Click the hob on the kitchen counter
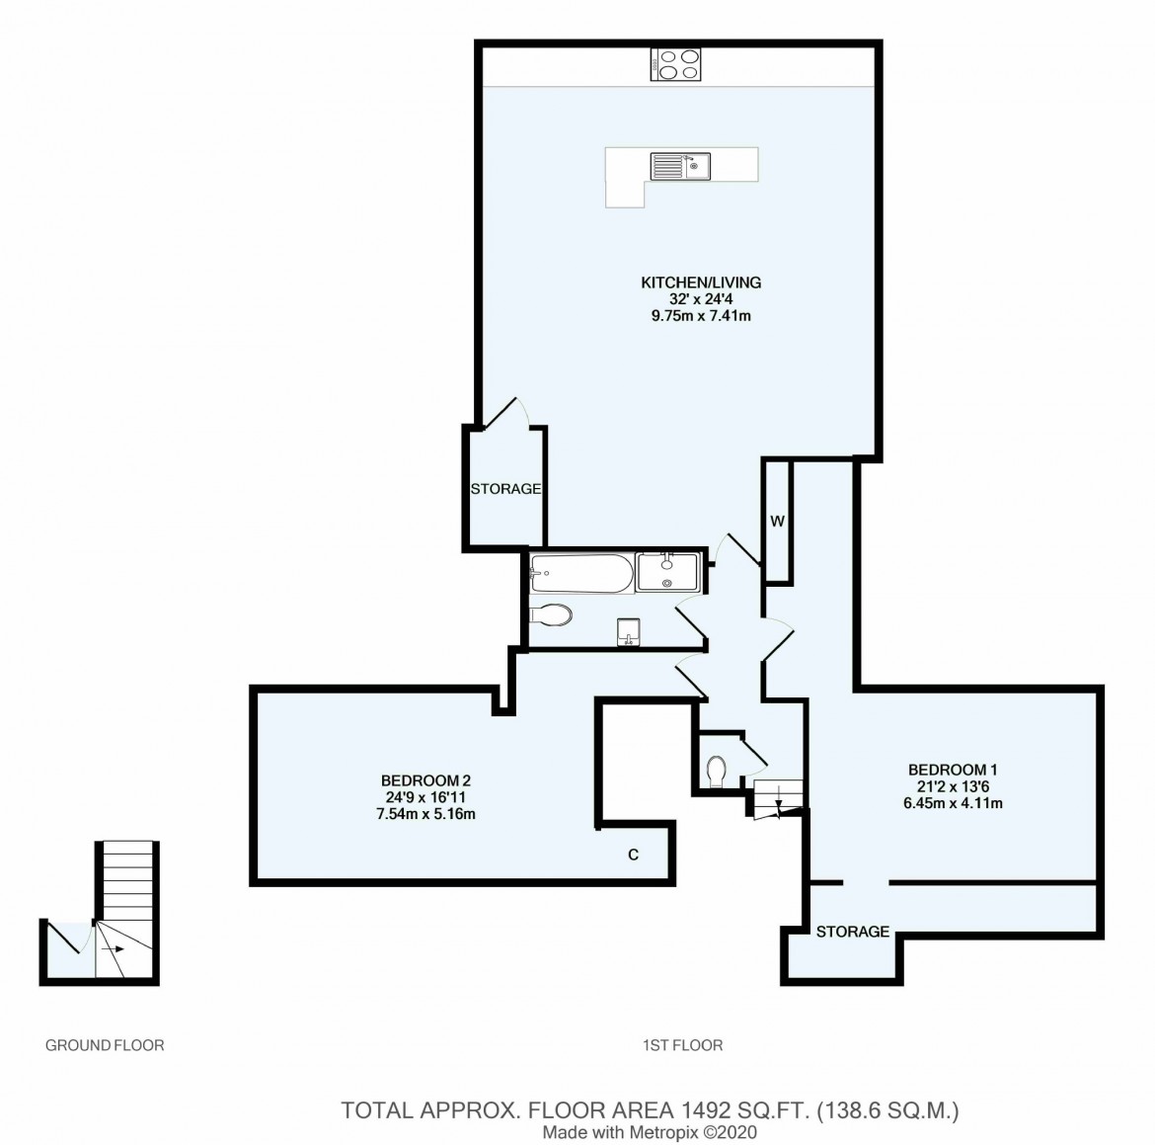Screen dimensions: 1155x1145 pos(675,64)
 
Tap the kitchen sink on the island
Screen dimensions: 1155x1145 pos(680,166)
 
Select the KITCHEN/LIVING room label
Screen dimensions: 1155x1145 pos(701,283)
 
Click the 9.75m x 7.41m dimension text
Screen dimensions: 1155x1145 pos(701,316)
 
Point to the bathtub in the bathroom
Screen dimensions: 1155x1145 pos(581,574)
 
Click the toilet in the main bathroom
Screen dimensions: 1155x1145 pos(550,614)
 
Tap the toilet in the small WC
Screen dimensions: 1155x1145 pos(716,772)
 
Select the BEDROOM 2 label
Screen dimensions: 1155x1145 pos(425,780)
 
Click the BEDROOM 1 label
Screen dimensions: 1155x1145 pos(953,771)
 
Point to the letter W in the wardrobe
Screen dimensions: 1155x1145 pos(777,522)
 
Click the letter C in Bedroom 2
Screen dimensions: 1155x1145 pos(633,856)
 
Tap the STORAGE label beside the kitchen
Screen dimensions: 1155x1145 pos(506,489)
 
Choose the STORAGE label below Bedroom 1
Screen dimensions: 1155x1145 pos(852,932)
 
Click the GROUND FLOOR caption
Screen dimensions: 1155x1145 pos(105,1045)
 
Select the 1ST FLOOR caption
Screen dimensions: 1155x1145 pos(683,1045)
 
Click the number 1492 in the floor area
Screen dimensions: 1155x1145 pos(705,1110)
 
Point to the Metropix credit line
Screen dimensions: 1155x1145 pos(650,1132)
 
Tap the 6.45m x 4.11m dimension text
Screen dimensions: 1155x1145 pos(953,804)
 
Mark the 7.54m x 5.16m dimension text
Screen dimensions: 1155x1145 pos(425,815)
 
